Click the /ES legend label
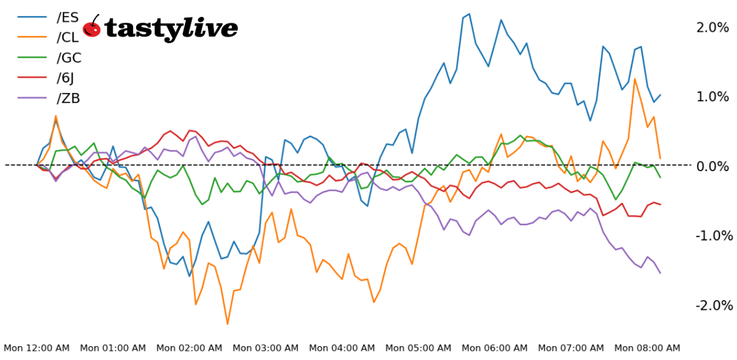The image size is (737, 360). (68, 17)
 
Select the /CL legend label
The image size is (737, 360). (68, 37)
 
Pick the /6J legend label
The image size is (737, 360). (67, 78)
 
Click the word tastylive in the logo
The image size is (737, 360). (171, 29)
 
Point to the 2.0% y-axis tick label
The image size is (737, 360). (712, 28)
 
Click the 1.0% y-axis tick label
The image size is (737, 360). (712, 97)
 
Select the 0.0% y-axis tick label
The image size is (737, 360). (712, 166)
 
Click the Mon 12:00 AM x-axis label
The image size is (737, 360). (37, 348)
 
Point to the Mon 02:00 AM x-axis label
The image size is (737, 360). (189, 348)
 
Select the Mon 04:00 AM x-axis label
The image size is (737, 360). (342, 348)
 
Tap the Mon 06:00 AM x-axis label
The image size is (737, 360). (495, 348)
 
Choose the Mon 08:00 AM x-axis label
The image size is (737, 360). (647, 348)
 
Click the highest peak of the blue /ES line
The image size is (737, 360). (469, 13)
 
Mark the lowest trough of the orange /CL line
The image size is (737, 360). (228, 323)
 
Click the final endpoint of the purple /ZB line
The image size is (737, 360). (660, 273)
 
